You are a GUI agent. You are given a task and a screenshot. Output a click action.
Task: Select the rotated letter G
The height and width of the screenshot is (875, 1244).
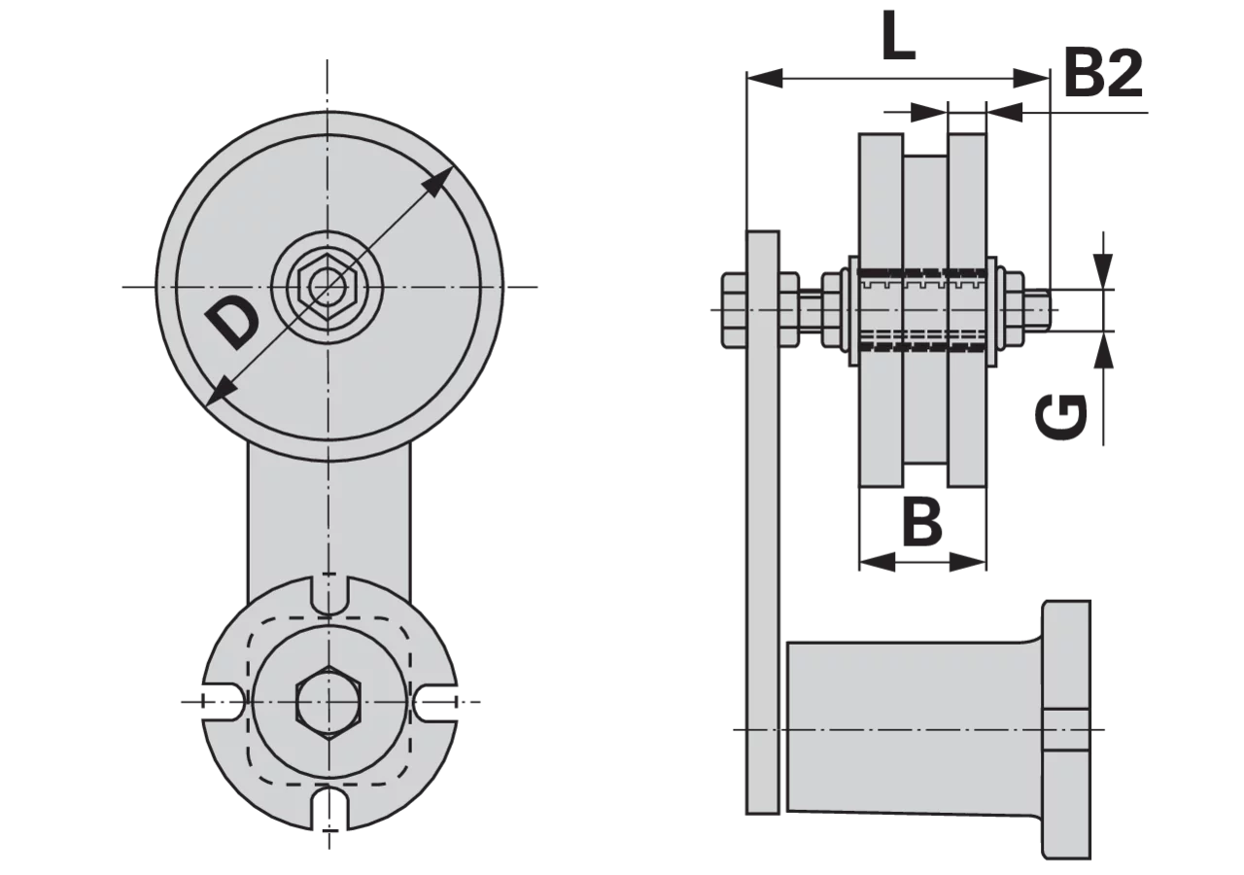[1061, 417]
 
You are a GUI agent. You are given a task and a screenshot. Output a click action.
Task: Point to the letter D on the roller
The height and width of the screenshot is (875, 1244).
[231, 323]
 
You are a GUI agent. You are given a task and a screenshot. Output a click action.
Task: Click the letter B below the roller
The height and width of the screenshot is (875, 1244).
[922, 522]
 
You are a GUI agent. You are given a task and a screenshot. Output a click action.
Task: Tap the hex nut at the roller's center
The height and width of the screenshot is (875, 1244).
[327, 287]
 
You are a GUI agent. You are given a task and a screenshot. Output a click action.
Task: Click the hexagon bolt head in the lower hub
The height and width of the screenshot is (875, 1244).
[328, 701]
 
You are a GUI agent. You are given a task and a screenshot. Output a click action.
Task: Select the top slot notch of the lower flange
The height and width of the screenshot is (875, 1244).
[329, 596]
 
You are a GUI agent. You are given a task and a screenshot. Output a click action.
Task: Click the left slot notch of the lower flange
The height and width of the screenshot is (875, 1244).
[224, 702]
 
